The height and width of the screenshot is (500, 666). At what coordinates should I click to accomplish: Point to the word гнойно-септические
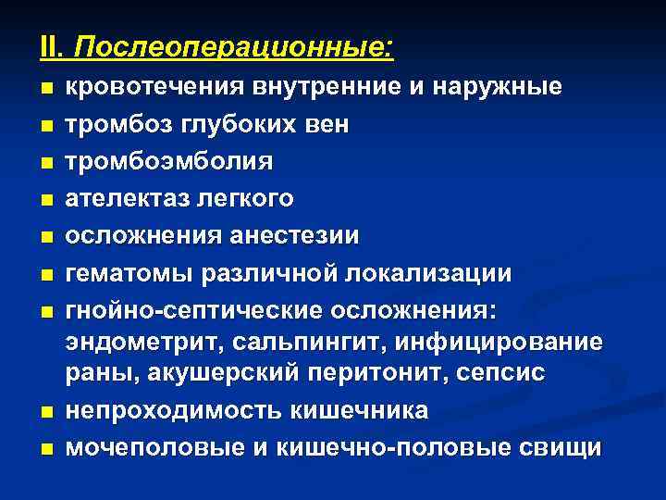pyautogui.click(x=195, y=309)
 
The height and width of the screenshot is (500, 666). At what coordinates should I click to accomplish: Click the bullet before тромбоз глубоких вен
pyautogui.click(x=46, y=125)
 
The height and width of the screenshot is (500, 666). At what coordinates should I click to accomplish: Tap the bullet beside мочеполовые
pyautogui.click(x=46, y=449)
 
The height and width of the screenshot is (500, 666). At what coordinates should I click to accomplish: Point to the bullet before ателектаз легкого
pyautogui.click(x=46, y=199)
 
